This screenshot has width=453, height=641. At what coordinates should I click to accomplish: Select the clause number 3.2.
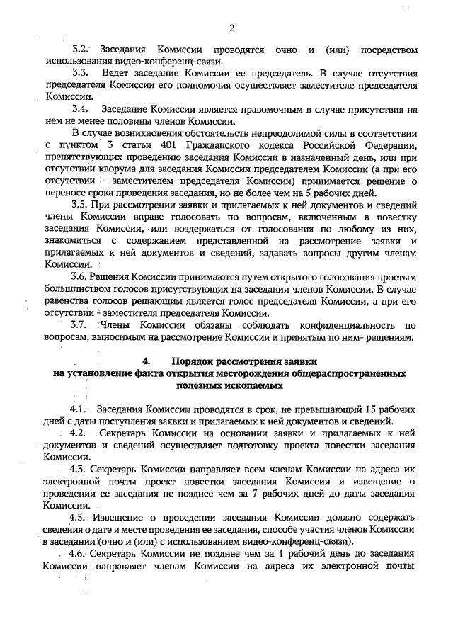pyautogui.click(x=80, y=51)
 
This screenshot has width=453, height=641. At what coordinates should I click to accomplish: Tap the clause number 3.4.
pyautogui.click(x=80, y=110)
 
